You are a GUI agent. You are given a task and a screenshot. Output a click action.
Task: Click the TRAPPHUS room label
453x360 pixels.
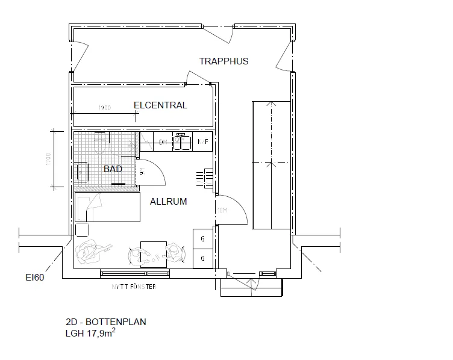tap(223, 61)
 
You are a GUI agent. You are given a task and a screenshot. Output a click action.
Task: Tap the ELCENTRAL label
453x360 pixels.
tap(160, 105)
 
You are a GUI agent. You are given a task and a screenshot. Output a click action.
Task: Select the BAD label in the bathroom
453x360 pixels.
tap(113, 169)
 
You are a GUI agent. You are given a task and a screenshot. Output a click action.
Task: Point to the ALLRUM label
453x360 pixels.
tap(168, 202)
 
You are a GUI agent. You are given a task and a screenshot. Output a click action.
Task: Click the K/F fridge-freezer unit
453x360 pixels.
tap(204, 142)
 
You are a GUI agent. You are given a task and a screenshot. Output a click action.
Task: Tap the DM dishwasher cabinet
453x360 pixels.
tap(162, 143)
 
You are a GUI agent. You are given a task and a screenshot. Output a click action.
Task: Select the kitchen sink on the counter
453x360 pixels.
tap(181, 142)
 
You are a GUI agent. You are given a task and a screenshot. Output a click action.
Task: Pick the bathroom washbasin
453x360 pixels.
tap(81, 170)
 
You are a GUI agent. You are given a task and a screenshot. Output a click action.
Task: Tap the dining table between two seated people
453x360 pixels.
tap(153, 253)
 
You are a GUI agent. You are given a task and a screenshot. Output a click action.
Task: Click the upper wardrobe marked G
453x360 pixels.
tap(202, 238)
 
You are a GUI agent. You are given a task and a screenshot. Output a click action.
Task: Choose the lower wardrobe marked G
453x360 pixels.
tap(202, 258)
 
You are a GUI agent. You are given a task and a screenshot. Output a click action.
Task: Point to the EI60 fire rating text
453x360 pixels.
tap(34, 278)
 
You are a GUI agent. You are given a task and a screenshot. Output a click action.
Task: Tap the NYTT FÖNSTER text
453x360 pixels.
tap(133, 287)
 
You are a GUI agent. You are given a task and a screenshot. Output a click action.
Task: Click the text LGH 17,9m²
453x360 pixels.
tap(90, 332)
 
